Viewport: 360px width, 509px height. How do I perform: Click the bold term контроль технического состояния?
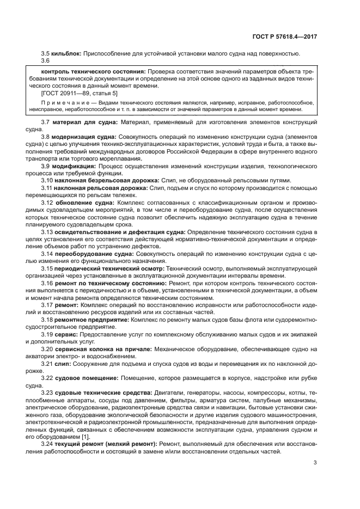click(x=93, y=71)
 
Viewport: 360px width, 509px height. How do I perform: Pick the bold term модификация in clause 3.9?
click(x=74, y=165)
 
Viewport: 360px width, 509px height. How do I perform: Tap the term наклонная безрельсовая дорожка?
click(x=106, y=180)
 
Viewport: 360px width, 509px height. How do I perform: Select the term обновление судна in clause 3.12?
click(x=84, y=203)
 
